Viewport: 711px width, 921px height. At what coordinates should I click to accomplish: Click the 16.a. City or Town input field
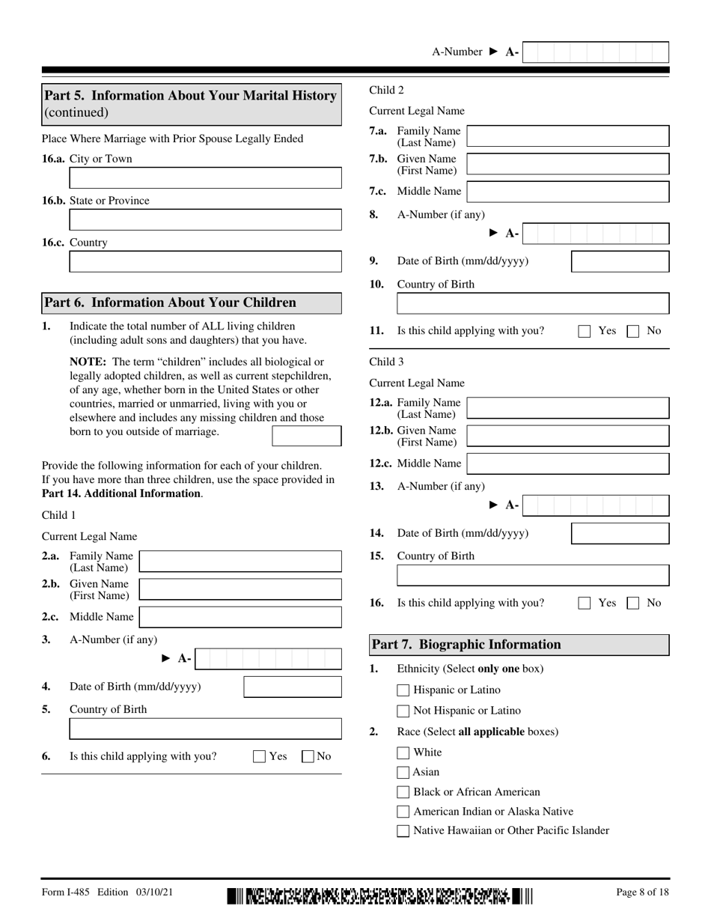click(x=205, y=178)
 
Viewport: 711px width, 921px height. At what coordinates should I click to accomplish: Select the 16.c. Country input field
click(x=205, y=262)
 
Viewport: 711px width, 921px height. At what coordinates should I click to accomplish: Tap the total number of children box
click(x=306, y=436)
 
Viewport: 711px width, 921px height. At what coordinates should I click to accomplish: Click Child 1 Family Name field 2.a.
click(x=240, y=562)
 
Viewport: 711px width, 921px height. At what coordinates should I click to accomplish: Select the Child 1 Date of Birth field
click(x=293, y=687)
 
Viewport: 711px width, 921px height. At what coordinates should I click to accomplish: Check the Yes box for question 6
click(x=260, y=756)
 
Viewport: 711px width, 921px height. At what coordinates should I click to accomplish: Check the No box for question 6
click(x=308, y=756)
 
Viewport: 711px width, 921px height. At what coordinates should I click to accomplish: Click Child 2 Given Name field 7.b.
click(x=567, y=164)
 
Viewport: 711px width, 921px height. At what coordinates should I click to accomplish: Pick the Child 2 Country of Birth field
click(x=532, y=303)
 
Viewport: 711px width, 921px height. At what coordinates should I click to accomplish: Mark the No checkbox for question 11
click(x=632, y=331)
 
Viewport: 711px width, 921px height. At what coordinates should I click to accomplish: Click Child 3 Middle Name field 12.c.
click(x=567, y=463)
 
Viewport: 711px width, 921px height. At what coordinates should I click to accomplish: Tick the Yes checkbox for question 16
click(x=585, y=604)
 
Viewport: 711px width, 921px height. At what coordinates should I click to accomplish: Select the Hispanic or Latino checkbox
click(x=403, y=690)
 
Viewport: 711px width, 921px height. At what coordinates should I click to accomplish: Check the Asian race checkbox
click(x=403, y=773)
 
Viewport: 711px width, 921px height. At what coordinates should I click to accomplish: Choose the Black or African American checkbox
click(x=403, y=792)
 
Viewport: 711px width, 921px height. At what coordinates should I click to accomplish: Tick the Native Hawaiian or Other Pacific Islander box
click(x=403, y=830)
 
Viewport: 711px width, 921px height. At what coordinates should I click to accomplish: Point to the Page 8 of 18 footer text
click(x=642, y=893)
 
